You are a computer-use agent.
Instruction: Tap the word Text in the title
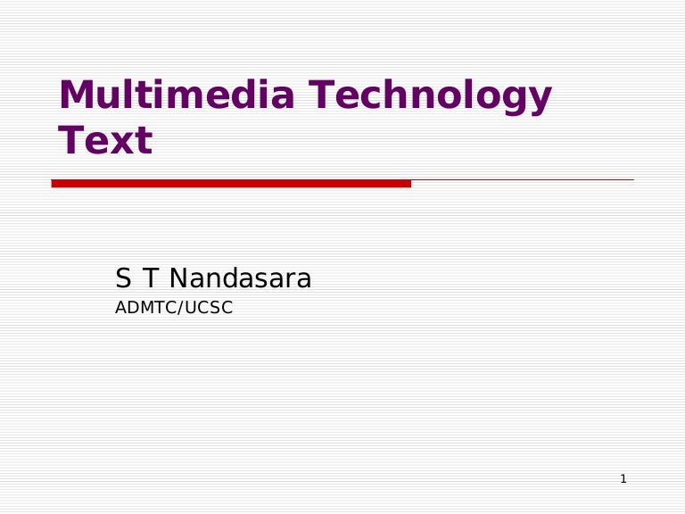coord(105,141)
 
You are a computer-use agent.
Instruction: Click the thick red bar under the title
coord(231,183)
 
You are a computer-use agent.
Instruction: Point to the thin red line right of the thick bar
coord(522,180)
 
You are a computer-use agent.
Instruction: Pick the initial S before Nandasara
coord(123,279)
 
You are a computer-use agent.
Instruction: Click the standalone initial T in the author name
coord(150,279)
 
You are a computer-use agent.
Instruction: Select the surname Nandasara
coord(240,279)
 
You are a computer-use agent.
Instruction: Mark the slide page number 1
coord(623,479)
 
